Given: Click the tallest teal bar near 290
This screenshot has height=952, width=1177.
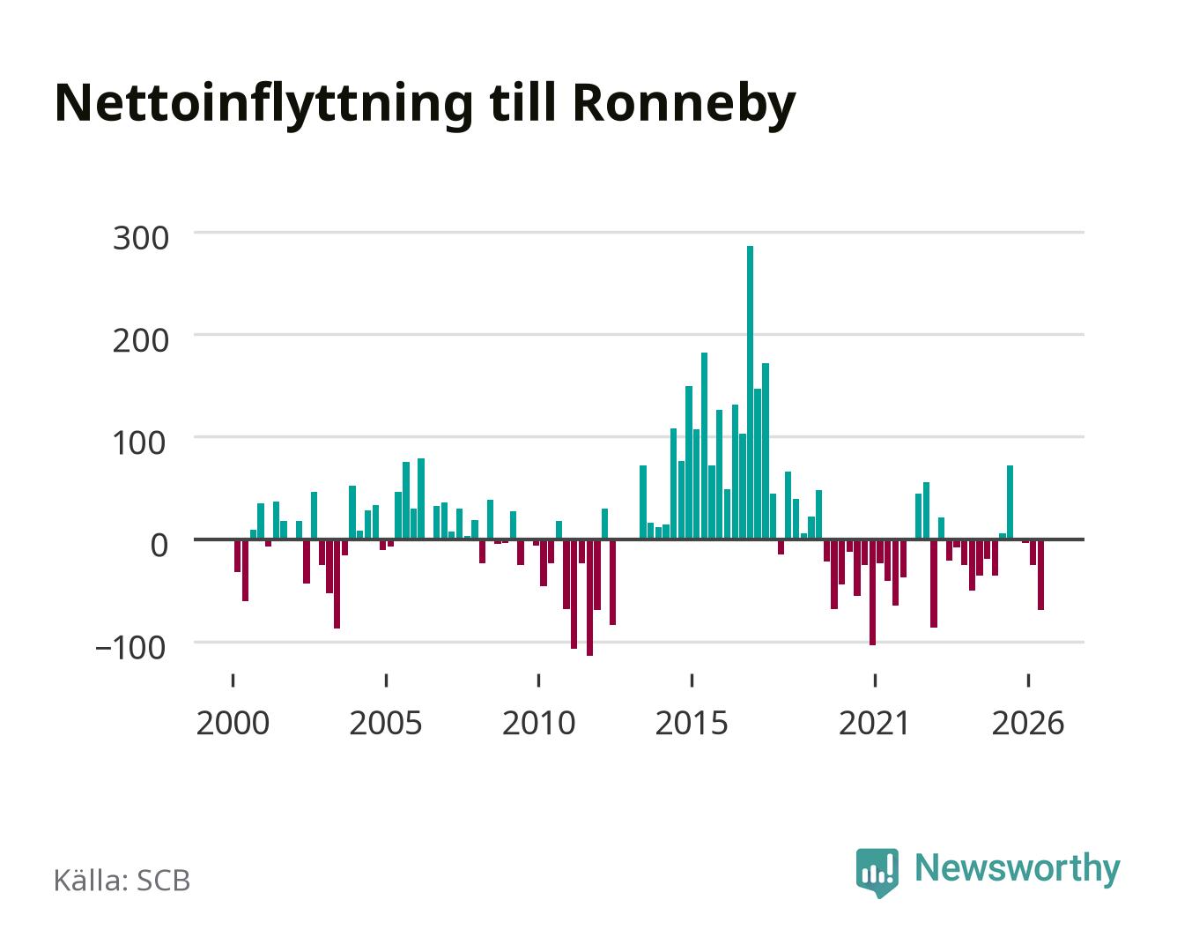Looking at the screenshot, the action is pos(750,392).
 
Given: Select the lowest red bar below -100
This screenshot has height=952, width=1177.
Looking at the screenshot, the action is pos(589,598).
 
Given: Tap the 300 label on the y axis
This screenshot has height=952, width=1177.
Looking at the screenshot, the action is pos(140,239).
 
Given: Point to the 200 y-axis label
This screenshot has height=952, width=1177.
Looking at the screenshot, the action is pos(140,340).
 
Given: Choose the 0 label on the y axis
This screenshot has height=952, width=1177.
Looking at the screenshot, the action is pos(159,545).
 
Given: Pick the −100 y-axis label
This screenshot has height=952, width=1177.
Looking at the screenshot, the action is pos(130,647).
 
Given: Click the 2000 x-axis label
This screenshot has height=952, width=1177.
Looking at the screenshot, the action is pos(233,723).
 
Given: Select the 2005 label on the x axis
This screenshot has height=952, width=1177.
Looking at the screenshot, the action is pos(386,723).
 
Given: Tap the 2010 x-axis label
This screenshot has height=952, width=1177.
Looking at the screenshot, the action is pos(539,723).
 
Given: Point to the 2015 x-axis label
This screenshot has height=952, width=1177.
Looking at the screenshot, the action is pos(692,723).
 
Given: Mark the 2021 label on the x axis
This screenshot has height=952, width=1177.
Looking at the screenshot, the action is pos(874,723).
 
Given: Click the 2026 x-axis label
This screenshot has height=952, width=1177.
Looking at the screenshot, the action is pos(1028,723).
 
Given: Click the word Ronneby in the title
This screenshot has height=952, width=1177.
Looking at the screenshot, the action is pos(685,105).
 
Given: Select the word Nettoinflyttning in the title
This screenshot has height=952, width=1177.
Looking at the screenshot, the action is pos(263,105).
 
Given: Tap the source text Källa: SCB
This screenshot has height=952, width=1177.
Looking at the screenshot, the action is pos(122,881).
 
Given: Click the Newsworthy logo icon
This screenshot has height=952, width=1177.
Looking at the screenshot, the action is pos(877,873).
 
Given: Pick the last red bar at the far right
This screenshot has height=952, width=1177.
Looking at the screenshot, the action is pos(1040,575).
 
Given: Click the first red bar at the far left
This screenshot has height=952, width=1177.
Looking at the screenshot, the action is pos(238,555).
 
